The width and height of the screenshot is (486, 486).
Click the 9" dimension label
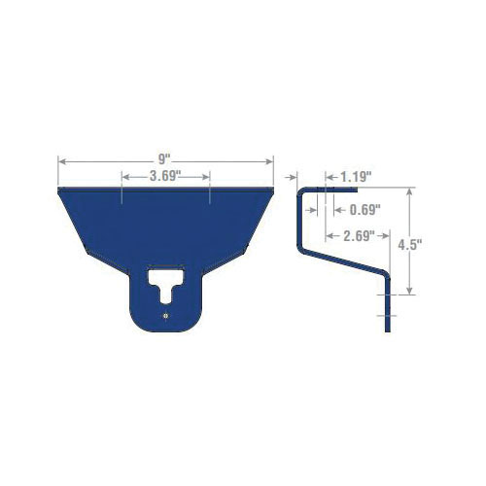point(164,159)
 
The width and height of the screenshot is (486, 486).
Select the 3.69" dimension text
point(164,177)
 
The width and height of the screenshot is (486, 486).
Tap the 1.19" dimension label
point(356,177)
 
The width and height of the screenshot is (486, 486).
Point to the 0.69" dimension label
point(364,210)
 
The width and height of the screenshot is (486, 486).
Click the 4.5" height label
point(410,245)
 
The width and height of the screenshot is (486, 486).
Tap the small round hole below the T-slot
point(166,316)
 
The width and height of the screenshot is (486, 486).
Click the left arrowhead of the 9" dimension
point(62,161)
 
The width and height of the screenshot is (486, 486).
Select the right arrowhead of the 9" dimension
point(269,161)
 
